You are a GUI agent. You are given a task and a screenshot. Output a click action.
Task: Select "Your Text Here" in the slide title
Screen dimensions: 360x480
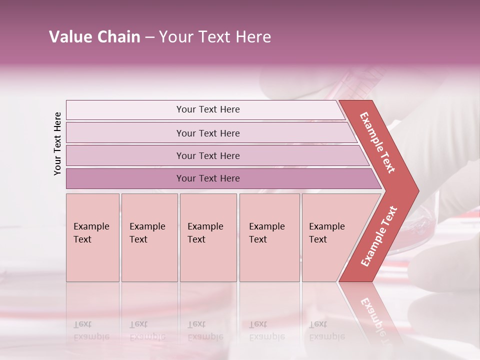215,37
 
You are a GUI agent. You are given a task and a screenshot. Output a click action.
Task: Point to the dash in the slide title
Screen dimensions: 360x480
149,37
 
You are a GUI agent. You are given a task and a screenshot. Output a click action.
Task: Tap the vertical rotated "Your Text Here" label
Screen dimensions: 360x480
57,143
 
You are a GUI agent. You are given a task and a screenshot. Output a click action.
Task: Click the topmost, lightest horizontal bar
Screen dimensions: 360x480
207,109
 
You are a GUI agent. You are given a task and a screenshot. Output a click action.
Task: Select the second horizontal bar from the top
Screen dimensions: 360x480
207,133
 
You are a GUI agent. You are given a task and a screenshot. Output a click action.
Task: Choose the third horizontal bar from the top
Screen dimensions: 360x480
207,155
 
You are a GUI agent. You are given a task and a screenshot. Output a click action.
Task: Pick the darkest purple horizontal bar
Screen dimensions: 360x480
207,178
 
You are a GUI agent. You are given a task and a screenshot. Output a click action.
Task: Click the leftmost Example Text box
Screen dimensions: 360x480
92,237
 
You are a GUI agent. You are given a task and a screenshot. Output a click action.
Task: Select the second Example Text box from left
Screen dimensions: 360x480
149,237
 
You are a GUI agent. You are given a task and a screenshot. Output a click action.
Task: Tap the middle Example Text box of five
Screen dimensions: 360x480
208,237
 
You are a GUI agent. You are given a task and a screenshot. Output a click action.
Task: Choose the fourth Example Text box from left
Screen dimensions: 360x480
269,237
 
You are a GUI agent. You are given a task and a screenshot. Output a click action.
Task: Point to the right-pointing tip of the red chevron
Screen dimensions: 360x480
416,191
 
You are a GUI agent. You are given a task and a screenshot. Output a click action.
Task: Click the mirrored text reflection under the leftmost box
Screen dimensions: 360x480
91,330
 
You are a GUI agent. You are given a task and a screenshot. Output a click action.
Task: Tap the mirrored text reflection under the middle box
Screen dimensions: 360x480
205,330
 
